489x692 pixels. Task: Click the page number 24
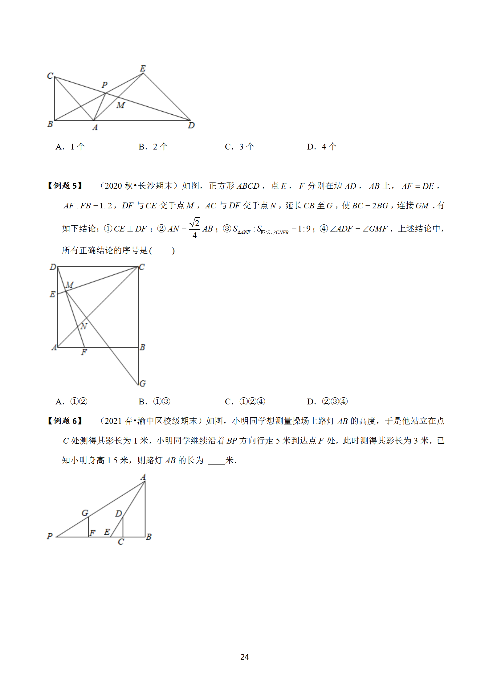pyautogui.click(x=244, y=657)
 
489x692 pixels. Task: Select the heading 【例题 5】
pyautogui.click(x=65, y=186)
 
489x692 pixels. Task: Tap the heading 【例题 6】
pyautogui.click(x=65, y=421)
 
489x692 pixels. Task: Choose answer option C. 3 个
pyautogui.click(x=239, y=147)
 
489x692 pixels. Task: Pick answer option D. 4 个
pyautogui.click(x=322, y=147)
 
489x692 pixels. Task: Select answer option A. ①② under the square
pyautogui.click(x=71, y=402)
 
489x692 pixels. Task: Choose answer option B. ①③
pyautogui.click(x=154, y=402)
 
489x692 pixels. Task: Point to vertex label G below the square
pyautogui.click(x=142, y=383)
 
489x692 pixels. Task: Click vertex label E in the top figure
pyautogui.click(x=143, y=68)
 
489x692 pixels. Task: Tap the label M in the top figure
pyautogui.click(x=120, y=105)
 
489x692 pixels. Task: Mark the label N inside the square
pyautogui.click(x=84, y=326)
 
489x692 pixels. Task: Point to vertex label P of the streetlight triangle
pyautogui.click(x=50, y=536)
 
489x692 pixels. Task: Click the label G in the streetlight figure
pyautogui.click(x=85, y=513)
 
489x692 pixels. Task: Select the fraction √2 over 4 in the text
pyautogui.click(x=194, y=228)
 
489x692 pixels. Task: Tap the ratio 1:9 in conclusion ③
pyautogui.click(x=304, y=229)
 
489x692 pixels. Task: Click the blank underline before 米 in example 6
pyautogui.click(x=216, y=461)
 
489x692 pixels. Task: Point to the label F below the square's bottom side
pyautogui.click(x=84, y=352)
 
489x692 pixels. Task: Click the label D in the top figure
pyautogui.click(x=191, y=125)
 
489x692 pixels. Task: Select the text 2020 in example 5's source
pyautogui.click(x=113, y=186)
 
